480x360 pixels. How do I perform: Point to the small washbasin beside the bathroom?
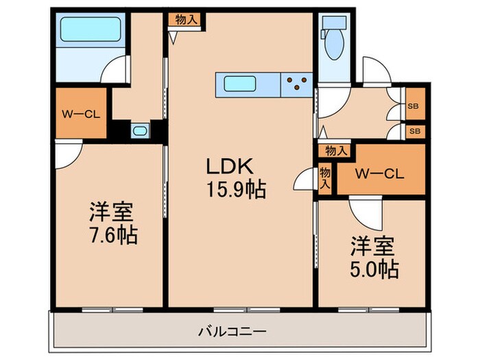pyautogui.click(x=139, y=130)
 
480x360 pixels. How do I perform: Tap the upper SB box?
pyautogui.click(x=414, y=107)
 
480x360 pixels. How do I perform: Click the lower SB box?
pyautogui.click(x=414, y=130)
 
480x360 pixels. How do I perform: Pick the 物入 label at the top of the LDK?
pyautogui.click(x=186, y=20)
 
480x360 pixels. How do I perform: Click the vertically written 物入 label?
pyautogui.click(x=326, y=180)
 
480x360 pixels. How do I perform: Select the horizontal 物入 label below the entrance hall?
pyautogui.click(x=334, y=151)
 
